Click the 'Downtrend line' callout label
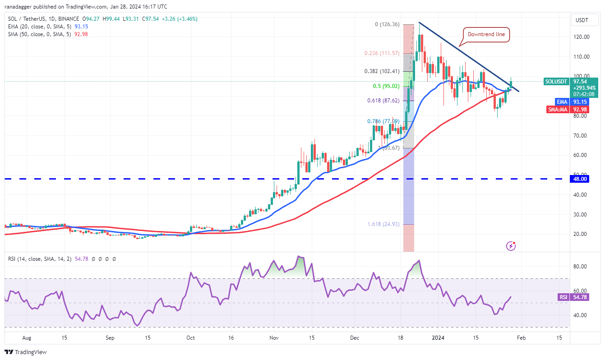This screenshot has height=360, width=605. click(x=487, y=34)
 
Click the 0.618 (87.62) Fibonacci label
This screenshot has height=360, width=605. click(x=383, y=100)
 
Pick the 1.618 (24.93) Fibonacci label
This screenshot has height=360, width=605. click(x=383, y=224)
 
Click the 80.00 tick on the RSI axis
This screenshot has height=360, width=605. click(x=580, y=266)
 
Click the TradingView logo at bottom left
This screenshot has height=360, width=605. click(x=26, y=352)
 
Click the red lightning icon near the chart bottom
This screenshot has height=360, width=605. click(x=511, y=246)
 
